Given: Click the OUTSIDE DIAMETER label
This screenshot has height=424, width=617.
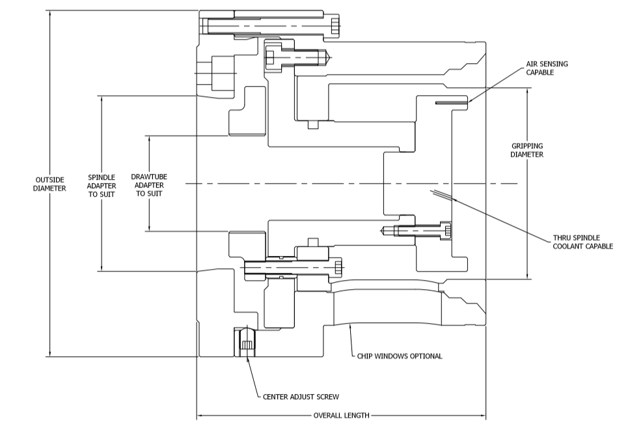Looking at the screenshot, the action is [49, 184].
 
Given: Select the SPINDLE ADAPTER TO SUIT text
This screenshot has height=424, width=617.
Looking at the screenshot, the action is [102, 186].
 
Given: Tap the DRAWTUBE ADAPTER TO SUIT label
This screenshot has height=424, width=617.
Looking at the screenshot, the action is [149, 185].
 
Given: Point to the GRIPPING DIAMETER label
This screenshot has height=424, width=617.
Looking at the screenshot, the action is [527, 150].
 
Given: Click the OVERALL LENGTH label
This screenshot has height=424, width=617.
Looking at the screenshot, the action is [341, 416].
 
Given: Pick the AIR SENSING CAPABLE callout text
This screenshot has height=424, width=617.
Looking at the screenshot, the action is [547, 68].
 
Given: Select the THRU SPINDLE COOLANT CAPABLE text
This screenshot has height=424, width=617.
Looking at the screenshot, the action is [583, 242].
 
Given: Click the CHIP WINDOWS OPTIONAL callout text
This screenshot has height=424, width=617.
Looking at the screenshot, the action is [400, 356].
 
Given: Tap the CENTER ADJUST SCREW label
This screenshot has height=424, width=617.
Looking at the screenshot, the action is [301, 397].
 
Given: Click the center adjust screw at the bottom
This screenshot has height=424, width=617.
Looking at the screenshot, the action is [246, 342].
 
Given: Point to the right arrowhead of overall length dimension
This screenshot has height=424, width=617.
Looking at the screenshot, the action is [482, 416].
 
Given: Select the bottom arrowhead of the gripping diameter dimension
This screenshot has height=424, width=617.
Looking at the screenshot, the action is [527, 276].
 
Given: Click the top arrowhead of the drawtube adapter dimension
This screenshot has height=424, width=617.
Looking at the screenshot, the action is [150, 139].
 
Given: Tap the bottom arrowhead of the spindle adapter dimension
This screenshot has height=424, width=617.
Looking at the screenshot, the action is [102, 268].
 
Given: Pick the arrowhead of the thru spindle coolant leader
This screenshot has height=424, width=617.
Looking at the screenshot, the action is [454, 199].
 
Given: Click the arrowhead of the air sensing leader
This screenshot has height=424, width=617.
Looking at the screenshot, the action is [470, 101].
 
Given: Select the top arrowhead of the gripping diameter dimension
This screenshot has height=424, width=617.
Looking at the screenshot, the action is [527, 91].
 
